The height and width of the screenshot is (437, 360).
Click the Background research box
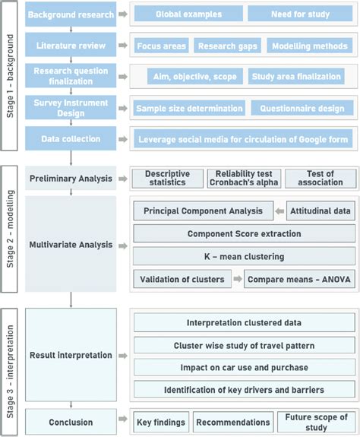(x=71, y=14)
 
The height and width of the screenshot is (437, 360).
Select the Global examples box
(x=188, y=14)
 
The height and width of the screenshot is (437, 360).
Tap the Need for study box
(x=299, y=14)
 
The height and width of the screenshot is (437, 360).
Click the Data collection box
(x=71, y=139)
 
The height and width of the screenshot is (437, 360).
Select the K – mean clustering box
(x=244, y=256)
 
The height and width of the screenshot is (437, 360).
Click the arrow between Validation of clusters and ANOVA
(x=237, y=279)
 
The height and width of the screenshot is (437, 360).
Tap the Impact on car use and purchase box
(x=244, y=367)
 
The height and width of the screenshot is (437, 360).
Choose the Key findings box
(x=161, y=422)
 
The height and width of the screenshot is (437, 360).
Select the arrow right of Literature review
(x=123, y=46)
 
